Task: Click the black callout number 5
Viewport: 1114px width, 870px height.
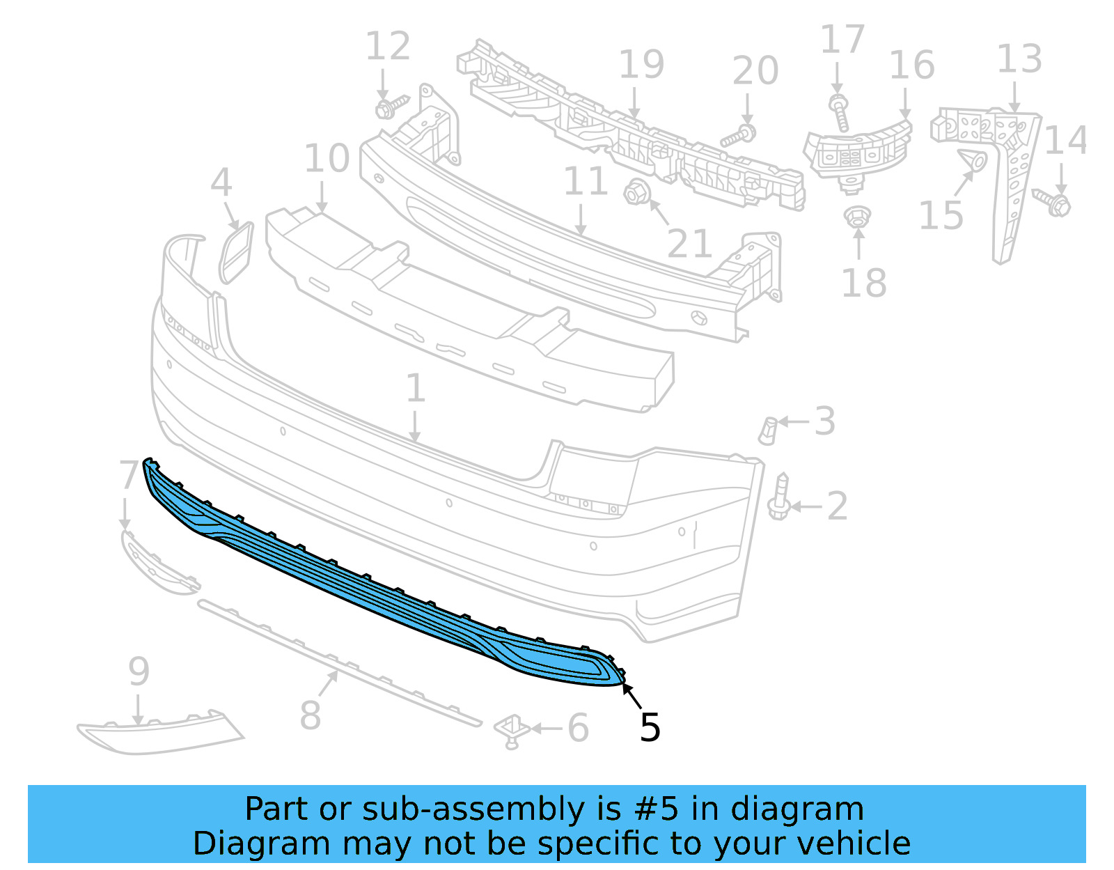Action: point(650,727)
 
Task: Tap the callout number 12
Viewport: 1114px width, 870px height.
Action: point(388,46)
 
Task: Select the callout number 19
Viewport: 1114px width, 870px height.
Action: point(641,65)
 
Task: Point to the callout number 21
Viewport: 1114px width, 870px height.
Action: point(689,243)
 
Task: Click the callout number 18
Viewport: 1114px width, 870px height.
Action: point(864,283)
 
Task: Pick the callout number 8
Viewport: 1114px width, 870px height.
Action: point(310,715)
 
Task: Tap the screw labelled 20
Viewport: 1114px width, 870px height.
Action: point(738,135)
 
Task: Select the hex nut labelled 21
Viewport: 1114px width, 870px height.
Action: point(636,193)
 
